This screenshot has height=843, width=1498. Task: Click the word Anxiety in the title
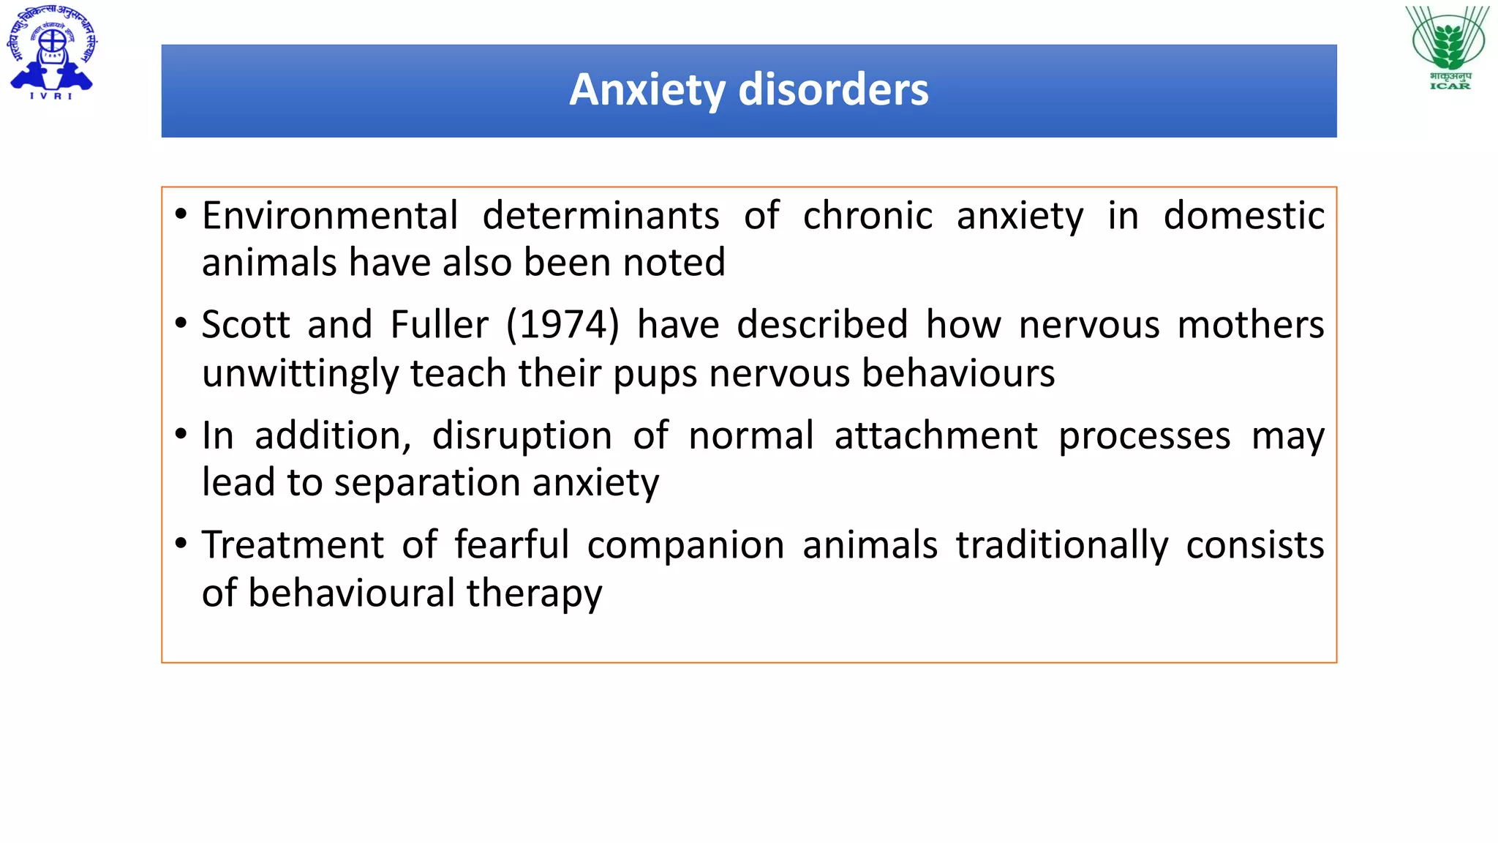647,90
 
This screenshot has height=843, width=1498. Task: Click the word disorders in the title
833,90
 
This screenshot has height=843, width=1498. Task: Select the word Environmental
330,216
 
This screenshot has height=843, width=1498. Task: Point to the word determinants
601,216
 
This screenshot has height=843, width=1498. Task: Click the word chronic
867,216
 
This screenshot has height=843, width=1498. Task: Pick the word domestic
1243,216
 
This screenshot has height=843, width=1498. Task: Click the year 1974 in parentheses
562,324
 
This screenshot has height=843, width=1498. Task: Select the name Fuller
439,324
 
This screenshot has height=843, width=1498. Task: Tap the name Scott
246,324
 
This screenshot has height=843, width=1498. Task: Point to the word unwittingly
300,374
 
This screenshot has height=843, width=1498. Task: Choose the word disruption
522,436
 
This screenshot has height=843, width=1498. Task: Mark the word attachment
936,436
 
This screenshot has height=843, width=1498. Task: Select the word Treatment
293,545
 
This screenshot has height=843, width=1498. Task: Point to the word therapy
534,593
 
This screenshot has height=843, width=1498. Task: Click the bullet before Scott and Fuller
181,323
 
